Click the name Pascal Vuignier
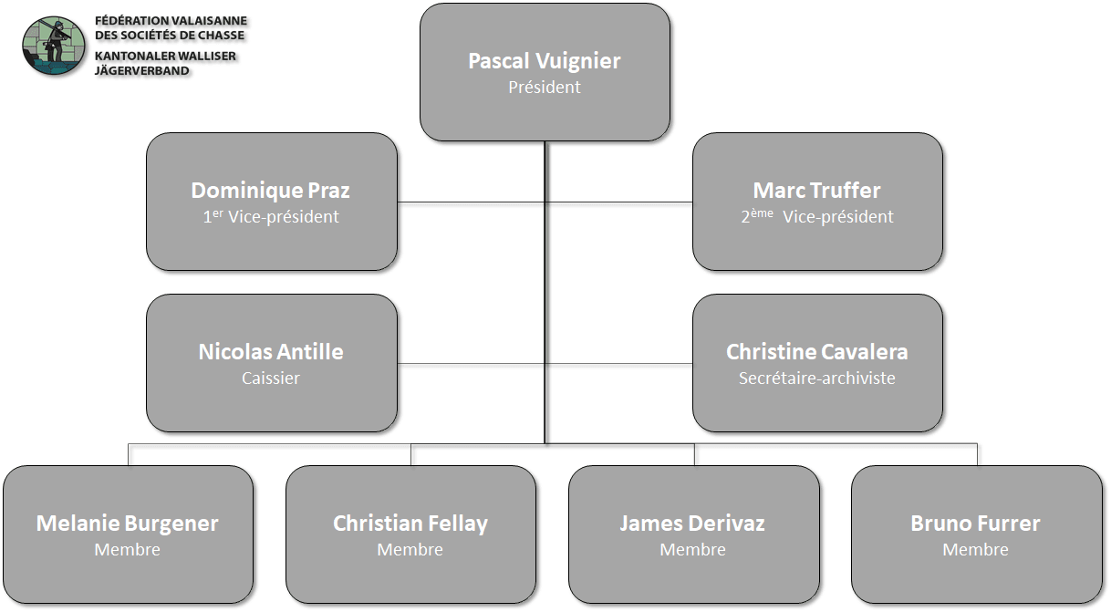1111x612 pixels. coord(544,61)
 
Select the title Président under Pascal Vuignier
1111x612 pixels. coord(544,88)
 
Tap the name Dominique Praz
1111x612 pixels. coord(270,191)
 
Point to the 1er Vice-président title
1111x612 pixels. coord(271,216)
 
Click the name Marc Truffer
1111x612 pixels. coord(816,191)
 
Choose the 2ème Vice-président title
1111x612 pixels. coord(817,216)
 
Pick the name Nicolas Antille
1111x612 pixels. coord(271,352)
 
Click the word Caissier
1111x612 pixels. coord(271,378)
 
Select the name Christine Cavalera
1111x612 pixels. coord(817,352)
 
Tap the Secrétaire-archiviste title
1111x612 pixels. coord(817,378)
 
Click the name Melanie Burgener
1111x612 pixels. coord(128,524)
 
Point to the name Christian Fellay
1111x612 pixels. coord(410,524)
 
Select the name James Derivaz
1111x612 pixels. coord(692,524)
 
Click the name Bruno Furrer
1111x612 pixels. coord(975,524)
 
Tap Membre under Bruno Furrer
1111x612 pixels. coord(975,549)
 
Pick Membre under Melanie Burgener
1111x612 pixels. coord(128,549)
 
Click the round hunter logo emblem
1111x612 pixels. coord(54,46)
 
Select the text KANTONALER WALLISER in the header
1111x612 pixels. coord(165,56)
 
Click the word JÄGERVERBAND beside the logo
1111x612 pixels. coord(142,71)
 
